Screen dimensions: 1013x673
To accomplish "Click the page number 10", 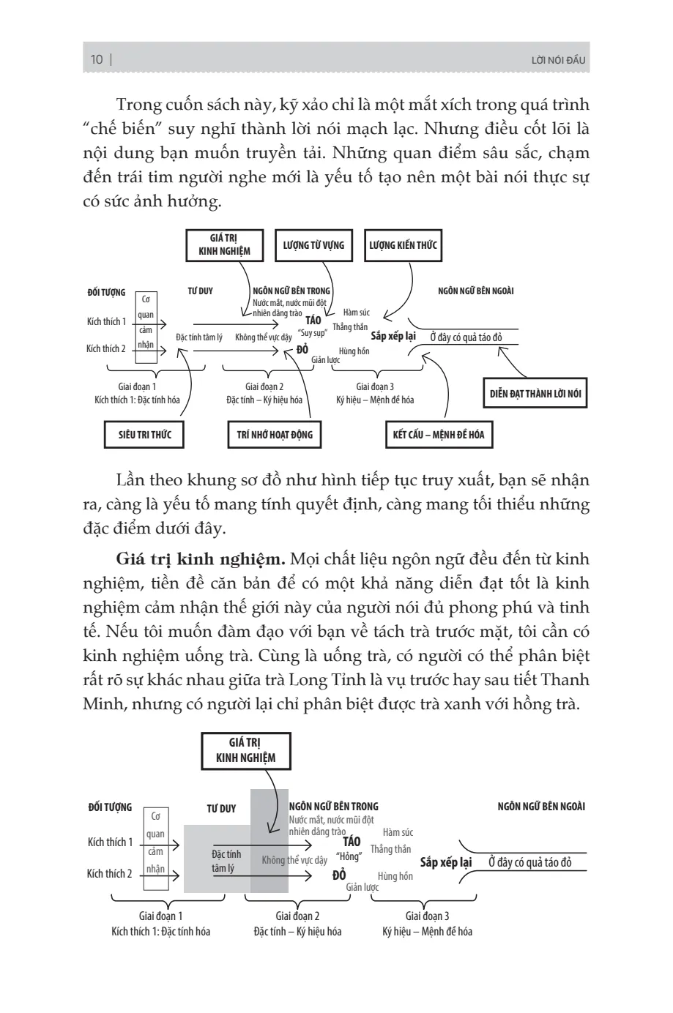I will (97, 60).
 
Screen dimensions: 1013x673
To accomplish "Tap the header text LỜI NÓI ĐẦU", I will (558, 61).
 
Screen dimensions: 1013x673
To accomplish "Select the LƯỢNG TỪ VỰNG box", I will (313, 245).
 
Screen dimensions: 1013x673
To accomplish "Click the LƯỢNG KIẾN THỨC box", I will (404, 245).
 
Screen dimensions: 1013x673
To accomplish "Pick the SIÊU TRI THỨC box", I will (144, 434).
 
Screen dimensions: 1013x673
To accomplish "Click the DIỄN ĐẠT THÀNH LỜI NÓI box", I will (535, 394).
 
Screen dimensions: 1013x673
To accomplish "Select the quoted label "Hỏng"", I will (349, 857).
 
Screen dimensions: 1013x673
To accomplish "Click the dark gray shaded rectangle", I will (269, 842).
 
